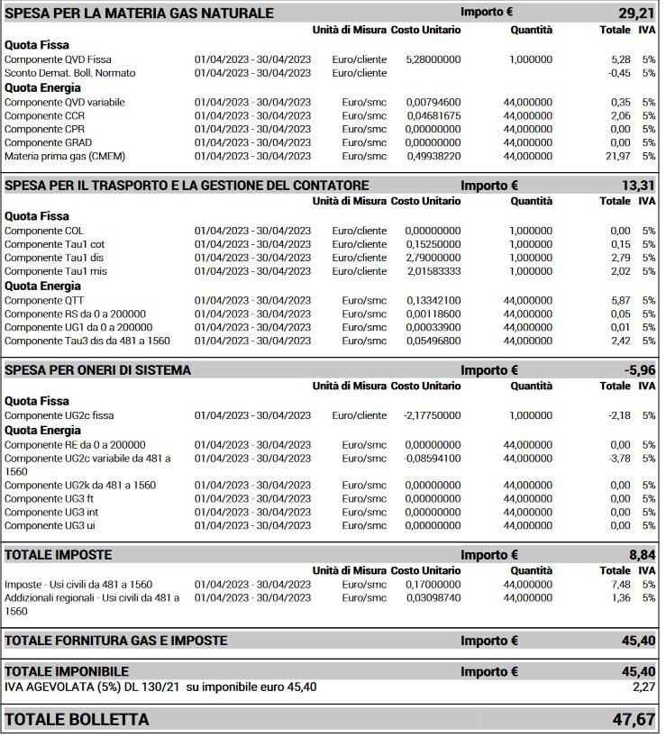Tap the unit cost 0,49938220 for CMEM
point(433,156)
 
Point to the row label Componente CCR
point(45,115)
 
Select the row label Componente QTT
point(45,300)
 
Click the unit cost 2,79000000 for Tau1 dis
point(433,258)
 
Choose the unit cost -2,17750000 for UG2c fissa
point(432,415)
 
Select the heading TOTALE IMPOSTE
point(59,554)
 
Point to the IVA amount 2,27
point(642,687)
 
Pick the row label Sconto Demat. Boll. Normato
point(70,73)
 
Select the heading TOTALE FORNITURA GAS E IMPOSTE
point(116,641)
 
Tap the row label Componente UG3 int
point(51,512)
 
